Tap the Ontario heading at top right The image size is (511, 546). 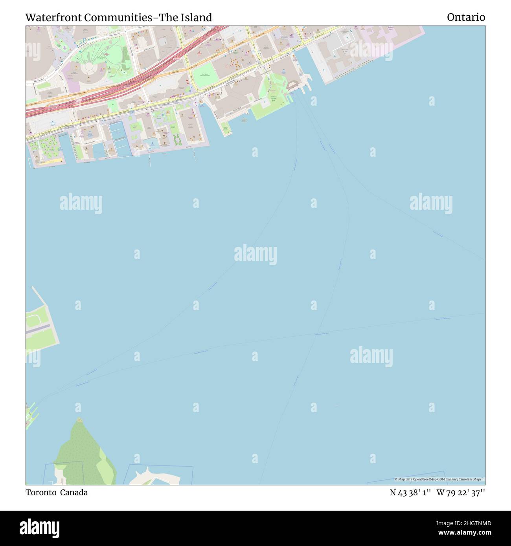click(466, 17)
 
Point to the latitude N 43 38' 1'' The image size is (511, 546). click(410, 493)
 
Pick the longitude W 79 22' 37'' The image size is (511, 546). click(461, 493)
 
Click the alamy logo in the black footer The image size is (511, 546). click(40, 528)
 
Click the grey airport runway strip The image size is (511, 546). click(38, 329)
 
